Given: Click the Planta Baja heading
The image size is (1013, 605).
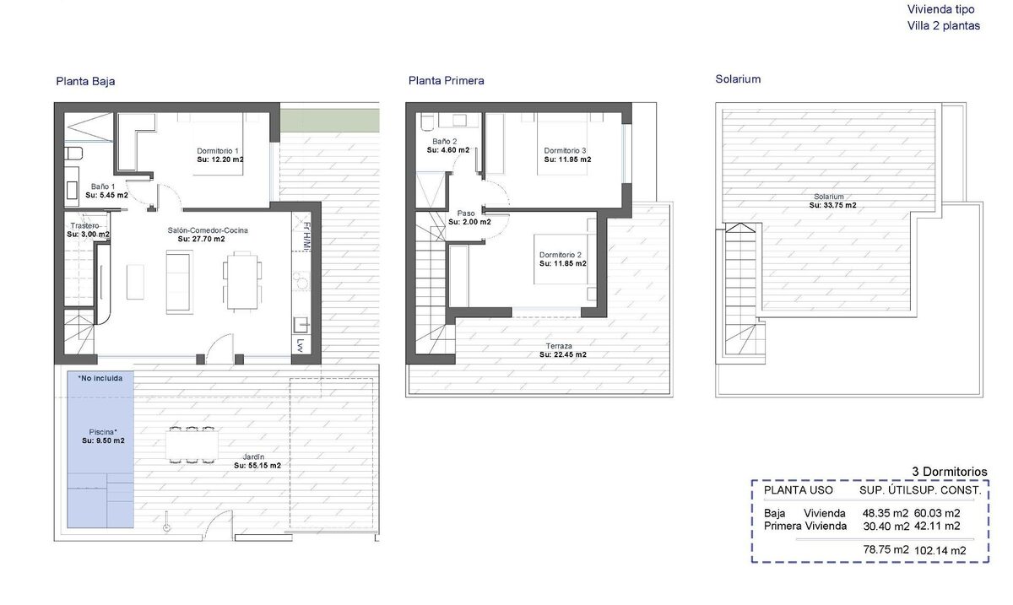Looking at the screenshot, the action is click(85, 81).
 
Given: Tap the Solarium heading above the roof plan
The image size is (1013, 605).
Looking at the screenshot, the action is click(738, 79).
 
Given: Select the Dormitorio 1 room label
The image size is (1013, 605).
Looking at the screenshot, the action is click(218, 150).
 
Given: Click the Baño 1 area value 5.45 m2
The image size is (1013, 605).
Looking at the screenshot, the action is click(106, 195).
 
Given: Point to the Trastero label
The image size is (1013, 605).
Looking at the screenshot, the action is click(84, 225).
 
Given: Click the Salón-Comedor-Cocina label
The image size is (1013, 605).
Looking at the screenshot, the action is click(208, 230).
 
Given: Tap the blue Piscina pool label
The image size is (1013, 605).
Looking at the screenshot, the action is click(103, 432).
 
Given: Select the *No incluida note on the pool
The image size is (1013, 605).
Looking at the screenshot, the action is click(100, 378).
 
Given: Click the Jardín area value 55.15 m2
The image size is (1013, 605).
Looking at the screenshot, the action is click(257, 465).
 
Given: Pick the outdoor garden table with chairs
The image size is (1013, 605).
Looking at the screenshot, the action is click(192, 445).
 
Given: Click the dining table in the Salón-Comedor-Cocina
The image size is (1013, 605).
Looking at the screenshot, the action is click(242, 281).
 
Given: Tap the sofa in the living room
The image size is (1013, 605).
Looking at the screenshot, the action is click(180, 282).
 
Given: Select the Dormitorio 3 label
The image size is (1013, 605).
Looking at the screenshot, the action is click(565, 150).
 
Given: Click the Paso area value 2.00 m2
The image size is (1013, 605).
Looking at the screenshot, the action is click(469, 222).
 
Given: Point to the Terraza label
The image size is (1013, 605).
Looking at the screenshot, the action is click(559, 346).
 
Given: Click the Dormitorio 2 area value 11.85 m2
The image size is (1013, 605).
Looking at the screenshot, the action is click(562, 263).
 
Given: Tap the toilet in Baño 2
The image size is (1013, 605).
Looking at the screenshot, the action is click(427, 122).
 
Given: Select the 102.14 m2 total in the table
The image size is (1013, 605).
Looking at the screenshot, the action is click(940, 551).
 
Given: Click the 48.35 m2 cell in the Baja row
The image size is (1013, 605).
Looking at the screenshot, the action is click(886, 513).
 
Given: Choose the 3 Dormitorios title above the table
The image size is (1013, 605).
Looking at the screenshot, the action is click(950, 472).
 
